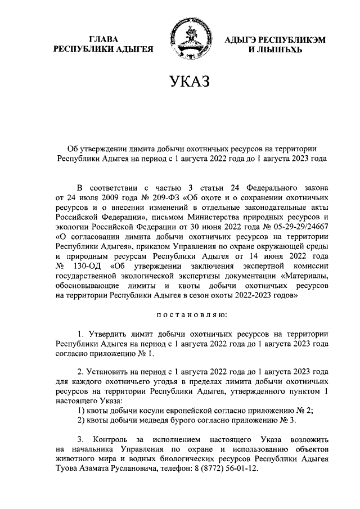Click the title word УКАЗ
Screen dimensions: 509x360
(x=190, y=82)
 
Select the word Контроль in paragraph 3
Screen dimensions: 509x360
(x=112, y=438)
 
